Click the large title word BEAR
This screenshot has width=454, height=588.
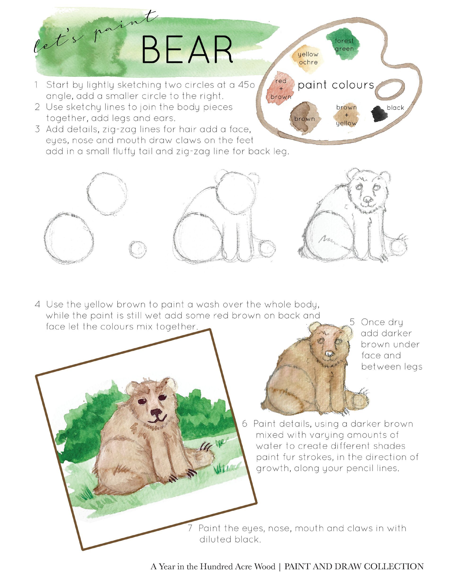pos(187,49)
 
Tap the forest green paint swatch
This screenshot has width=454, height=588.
pos(343,44)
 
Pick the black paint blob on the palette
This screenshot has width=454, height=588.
pos(380,114)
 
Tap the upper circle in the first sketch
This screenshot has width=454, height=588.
pos(107,193)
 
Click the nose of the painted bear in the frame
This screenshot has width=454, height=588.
pos(156,412)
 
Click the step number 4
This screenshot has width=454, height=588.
pos(38,305)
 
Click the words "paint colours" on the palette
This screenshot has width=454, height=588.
pos(336,85)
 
